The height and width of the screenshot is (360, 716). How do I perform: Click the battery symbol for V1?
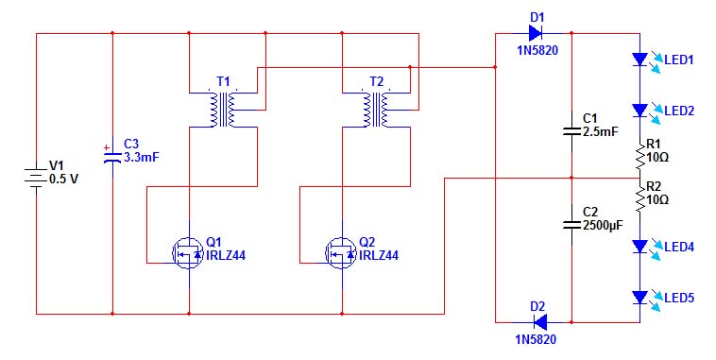36,177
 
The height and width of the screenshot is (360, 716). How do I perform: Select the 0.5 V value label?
63,180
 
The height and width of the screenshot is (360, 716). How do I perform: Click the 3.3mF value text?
142,158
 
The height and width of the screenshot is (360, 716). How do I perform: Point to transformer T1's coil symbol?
223,110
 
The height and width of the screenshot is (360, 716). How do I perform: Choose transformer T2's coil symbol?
376,110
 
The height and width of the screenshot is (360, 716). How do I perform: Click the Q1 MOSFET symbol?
188,252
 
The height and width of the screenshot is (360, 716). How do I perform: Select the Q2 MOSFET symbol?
341,252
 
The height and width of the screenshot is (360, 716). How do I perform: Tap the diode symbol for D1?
537,33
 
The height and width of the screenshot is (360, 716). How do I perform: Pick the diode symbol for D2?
539,322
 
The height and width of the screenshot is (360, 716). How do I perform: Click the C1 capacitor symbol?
571,131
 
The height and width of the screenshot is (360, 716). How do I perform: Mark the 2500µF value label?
603,225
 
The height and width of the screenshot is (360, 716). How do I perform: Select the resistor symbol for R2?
639,198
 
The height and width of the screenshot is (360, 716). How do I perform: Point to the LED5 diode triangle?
639,298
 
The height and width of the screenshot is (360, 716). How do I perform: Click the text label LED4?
679,248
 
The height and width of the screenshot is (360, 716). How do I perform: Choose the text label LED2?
679,111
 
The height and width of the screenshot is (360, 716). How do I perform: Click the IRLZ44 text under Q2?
379,255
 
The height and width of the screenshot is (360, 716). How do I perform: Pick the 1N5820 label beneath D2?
536,339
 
